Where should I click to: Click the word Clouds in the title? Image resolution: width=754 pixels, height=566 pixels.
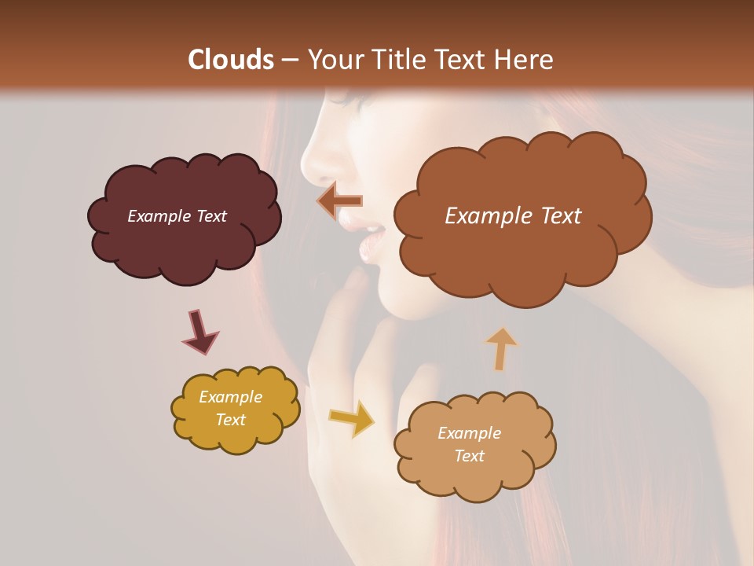(231, 60)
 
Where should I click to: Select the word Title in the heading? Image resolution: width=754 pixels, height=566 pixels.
(398, 60)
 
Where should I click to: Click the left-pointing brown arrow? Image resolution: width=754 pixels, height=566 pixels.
(339, 201)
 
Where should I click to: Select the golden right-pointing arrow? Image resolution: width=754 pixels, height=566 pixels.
(352, 418)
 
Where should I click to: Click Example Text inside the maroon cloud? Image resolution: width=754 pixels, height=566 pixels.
(177, 216)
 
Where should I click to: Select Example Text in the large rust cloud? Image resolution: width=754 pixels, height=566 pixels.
(513, 216)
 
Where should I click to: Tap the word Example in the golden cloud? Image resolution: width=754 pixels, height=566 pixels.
(230, 397)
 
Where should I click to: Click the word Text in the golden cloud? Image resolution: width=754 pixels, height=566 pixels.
(230, 420)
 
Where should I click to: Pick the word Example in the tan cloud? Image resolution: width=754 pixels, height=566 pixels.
(469, 433)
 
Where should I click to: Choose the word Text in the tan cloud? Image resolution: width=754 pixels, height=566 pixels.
(469, 456)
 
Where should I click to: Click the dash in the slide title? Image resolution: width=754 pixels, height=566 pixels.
(289, 60)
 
